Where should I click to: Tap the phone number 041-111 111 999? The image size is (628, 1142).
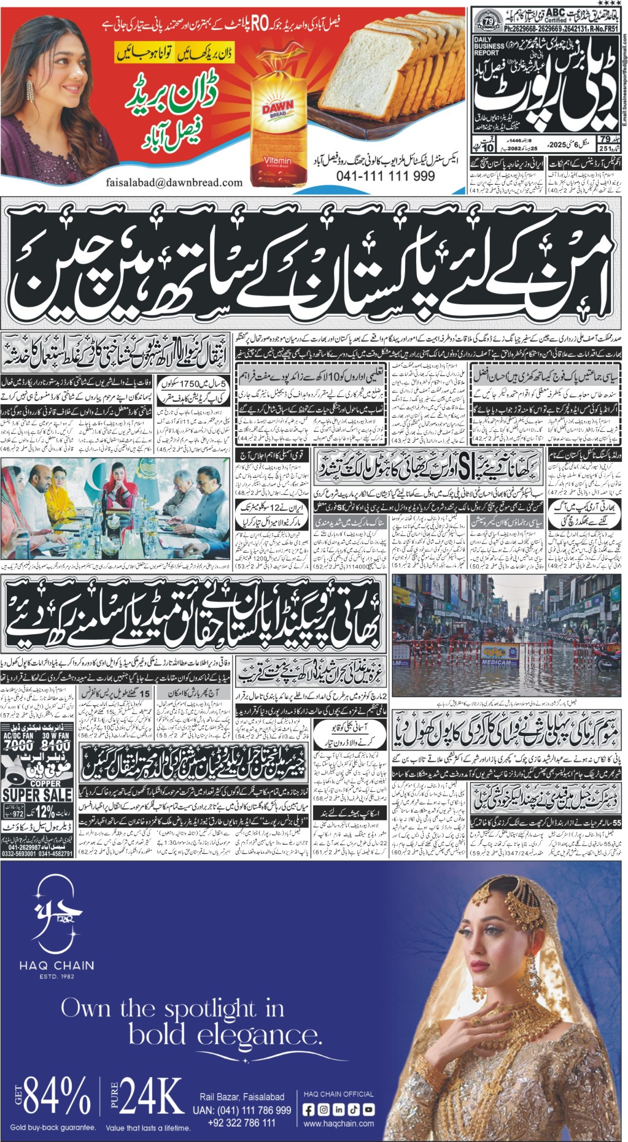(386, 176)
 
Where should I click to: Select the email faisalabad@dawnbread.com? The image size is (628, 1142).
(174, 182)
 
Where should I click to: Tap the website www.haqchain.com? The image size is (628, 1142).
(338, 1123)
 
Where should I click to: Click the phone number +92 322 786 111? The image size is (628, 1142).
(242, 1122)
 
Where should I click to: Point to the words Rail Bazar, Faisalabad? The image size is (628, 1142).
(242, 1097)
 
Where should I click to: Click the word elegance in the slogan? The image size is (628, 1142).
(225, 1036)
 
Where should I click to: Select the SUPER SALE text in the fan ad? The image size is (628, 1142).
(37, 795)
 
